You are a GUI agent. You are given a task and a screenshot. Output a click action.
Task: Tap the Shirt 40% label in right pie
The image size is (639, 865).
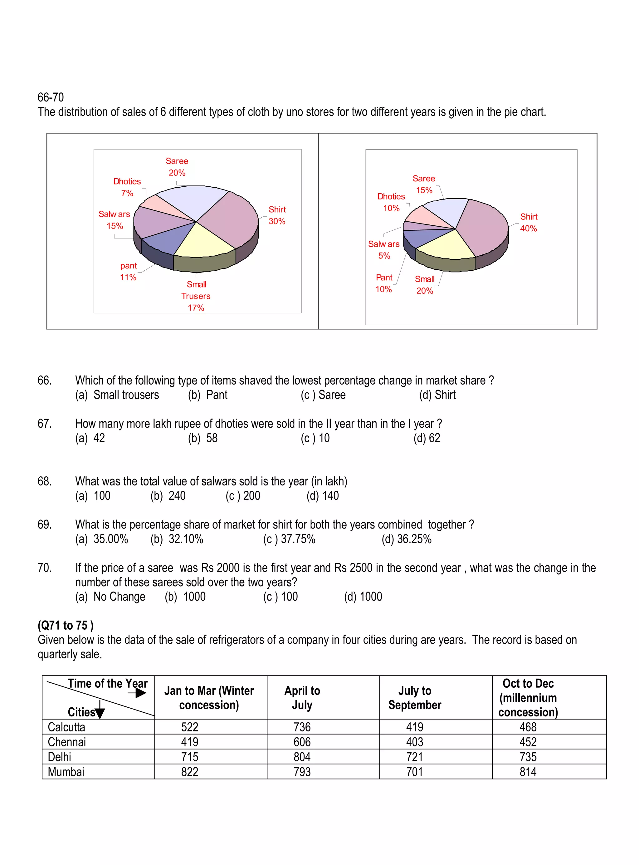[528, 223]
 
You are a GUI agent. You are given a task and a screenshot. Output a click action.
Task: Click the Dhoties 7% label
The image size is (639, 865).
[127, 187]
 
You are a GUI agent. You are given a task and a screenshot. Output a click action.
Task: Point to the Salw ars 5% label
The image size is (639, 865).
[384, 250]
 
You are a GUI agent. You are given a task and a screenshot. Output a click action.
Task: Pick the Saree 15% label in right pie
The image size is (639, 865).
[424, 184]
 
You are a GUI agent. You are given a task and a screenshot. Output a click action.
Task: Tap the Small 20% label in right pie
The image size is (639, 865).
[425, 285]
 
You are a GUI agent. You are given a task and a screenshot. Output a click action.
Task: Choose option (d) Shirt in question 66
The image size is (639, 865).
[437, 395]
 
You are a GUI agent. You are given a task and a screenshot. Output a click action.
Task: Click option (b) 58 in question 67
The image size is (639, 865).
[203, 438]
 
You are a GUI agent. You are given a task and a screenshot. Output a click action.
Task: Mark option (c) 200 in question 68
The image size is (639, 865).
[243, 496]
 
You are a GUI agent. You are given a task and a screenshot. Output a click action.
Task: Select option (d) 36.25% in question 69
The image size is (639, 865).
[407, 539]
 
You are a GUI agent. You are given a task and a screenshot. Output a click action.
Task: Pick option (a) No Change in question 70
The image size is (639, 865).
[110, 597]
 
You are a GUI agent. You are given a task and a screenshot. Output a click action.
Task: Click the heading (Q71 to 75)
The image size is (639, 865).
[66, 626]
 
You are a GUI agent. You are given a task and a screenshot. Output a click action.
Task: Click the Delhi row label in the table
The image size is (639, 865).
[60, 757]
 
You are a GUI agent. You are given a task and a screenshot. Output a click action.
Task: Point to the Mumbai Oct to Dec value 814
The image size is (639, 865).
[528, 772]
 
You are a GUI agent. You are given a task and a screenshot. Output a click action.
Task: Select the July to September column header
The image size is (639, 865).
[415, 698]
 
